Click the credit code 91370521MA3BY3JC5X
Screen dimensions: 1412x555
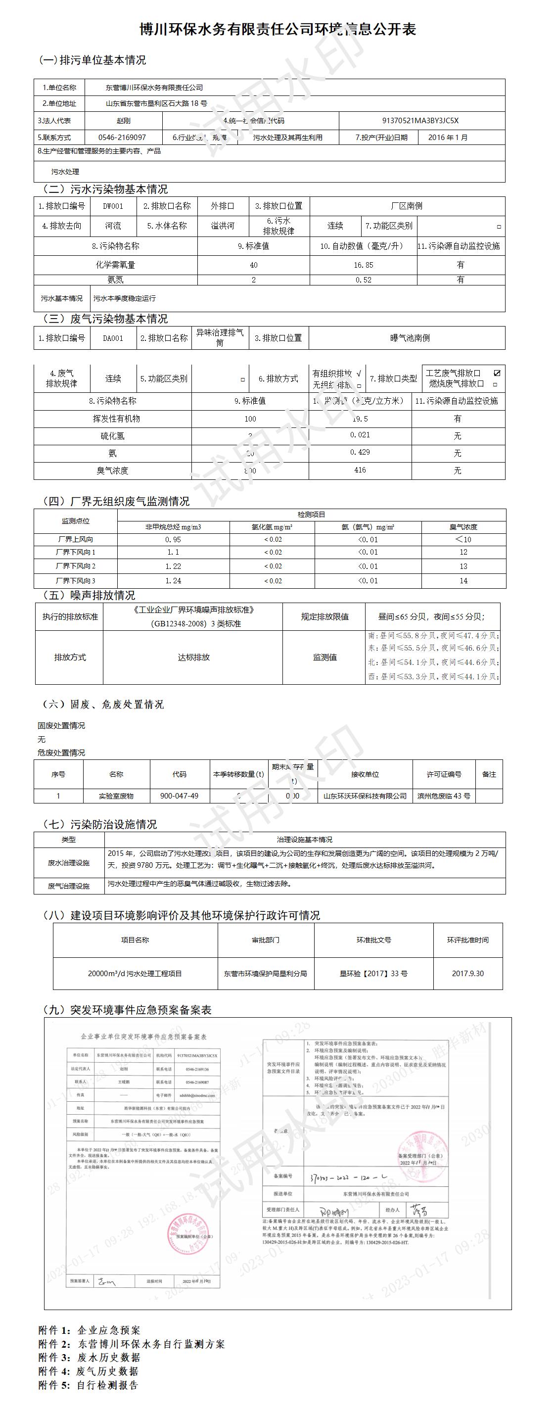tap(420, 121)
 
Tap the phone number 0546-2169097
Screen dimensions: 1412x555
tap(122, 138)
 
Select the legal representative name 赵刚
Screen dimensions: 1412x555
tap(123, 121)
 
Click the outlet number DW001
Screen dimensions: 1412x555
tap(113, 207)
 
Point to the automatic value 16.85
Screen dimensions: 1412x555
tap(363, 265)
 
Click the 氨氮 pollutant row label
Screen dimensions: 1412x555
tap(115, 280)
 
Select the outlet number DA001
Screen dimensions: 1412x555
tap(113, 339)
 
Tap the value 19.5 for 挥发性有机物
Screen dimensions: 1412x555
tap(360, 419)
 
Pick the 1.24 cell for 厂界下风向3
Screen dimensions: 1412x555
tap(173, 581)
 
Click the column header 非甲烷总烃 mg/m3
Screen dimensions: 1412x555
tap(173, 527)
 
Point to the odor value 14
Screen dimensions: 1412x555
tap(463, 581)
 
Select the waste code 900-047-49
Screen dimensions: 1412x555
tap(179, 796)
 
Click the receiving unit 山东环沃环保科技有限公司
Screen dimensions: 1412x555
tap(365, 796)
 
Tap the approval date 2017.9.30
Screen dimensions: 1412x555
tap(468, 974)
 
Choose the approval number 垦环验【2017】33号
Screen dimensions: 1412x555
tap(373, 974)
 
